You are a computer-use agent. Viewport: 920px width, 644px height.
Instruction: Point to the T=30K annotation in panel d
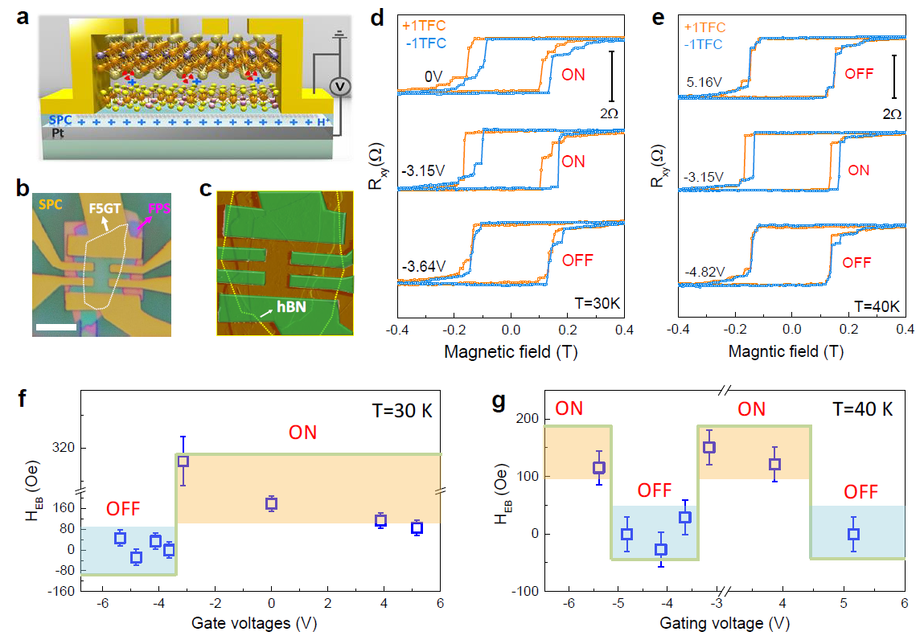point(597,304)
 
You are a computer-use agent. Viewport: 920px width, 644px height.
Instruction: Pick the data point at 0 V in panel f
point(271,504)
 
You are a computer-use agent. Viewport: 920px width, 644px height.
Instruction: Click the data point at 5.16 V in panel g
point(853,534)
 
